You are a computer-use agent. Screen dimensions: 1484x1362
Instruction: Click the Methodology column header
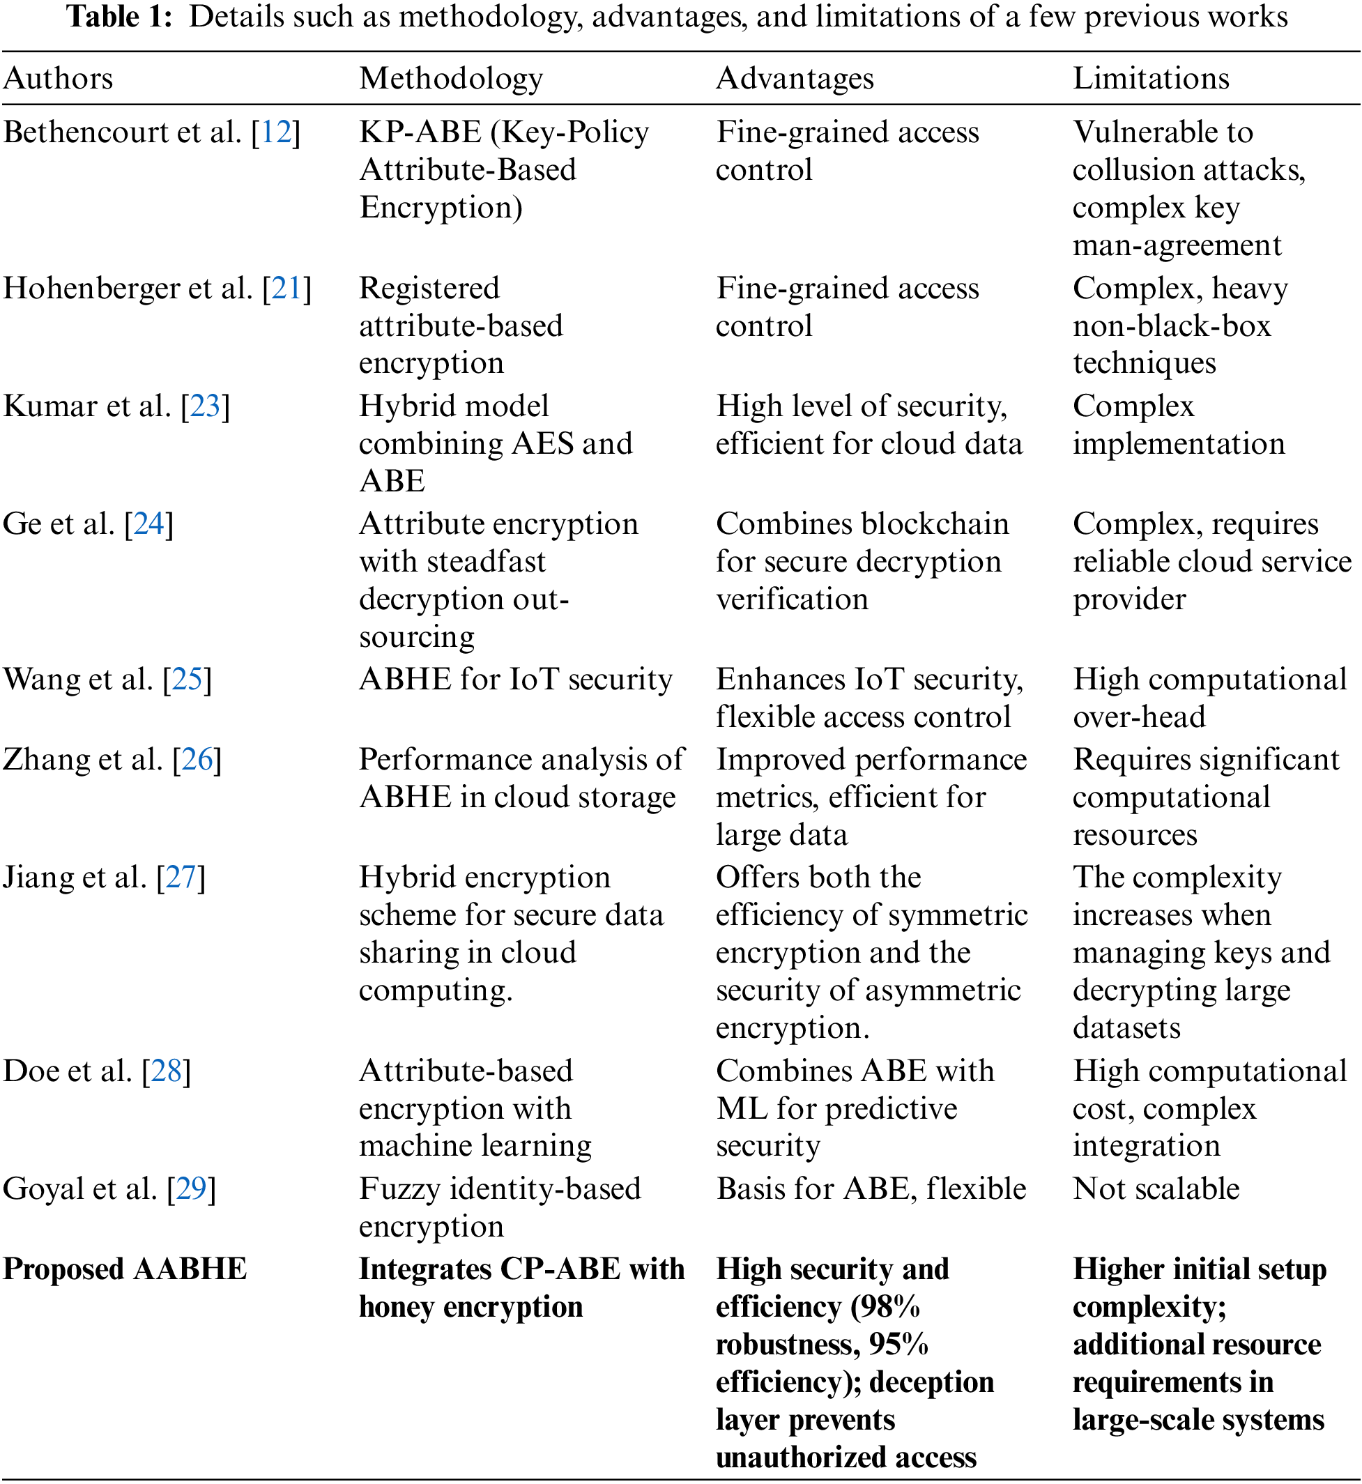pyautogui.click(x=451, y=78)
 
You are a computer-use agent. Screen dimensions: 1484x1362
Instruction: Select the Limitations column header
pyautogui.click(x=1151, y=78)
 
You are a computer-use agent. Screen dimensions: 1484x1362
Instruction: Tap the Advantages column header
pyautogui.click(x=795, y=78)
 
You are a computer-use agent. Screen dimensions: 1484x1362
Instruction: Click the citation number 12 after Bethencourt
pyautogui.click(x=277, y=132)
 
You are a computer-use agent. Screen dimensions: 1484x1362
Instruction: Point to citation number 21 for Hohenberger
pyautogui.click(x=287, y=288)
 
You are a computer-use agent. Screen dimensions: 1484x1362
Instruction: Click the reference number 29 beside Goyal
pyautogui.click(x=192, y=1188)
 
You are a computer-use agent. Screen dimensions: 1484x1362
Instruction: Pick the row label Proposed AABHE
pyautogui.click(x=125, y=1269)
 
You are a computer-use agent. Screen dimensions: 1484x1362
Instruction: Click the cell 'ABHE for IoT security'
pyautogui.click(x=515, y=680)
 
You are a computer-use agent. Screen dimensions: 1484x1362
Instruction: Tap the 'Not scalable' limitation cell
pyautogui.click(x=1156, y=1188)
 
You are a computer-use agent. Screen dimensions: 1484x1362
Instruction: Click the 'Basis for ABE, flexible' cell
pyautogui.click(x=871, y=1188)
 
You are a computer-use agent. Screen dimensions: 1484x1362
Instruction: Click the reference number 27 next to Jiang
pyautogui.click(x=181, y=878)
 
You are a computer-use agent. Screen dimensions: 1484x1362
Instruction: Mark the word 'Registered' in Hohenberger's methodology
pyautogui.click(x=429, y=288)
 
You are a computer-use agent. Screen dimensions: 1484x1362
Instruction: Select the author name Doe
pyautogui.click(x=30, y=1071)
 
